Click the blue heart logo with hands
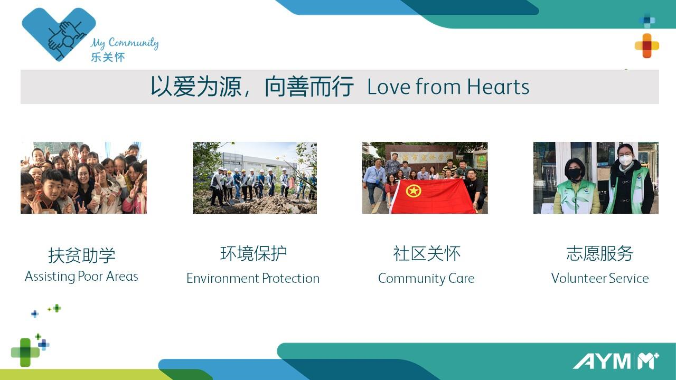pyautogui.click(x=59, y=34)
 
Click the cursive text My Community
pyautogui.click(x=124, y=43)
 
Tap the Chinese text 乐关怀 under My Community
pyautogui.click(x=108, y=58)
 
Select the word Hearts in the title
pyautogui.click(x=498, y=87)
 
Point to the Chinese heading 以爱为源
pyautogui.click(x=196, y=87)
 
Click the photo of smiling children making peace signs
pyautogui.click(x=83, y=178)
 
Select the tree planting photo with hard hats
pyautogui.click(x=255, y=178)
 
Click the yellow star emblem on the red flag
pyautogui.click(x=414, y=191)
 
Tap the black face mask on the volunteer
pyautogui.click(x=574, y=174)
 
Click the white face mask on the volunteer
pyautogui.click(x=625, y=159)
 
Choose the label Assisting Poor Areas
pyautogui.click(x=81, y=277)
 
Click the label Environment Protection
pyautogui.click(x=253, y=278)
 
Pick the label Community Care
pyautogui.click(x=426, y=279)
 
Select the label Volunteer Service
pyautogui.click(x=599, y=278)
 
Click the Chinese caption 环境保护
pyautogui.click(x=253, y=253)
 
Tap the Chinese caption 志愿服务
pyautogui.click(x=599, y=253)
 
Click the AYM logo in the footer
pyautogui.click(x=616, y=361)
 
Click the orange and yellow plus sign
pyautogui.click(x=647, y=46)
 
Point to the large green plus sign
pyautogui.click(x=25, y=352)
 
